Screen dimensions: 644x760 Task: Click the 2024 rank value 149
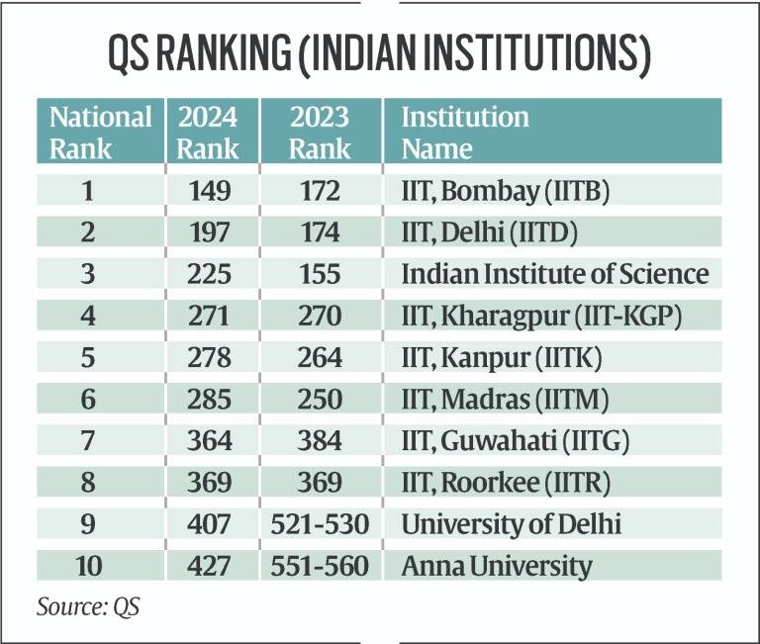tap(209, 188)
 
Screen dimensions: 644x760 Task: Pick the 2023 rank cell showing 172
tap(320, 188)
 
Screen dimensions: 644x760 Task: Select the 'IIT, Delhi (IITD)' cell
tap(490, 230)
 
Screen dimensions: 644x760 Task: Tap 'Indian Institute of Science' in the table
tap(554, 273)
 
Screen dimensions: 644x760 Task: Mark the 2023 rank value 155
tap(320, 273)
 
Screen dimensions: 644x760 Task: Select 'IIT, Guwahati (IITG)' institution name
tap(507, 441)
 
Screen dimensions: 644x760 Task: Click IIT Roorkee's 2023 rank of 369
tap(320, 483)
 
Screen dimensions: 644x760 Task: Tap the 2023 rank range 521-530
tap(320, 524)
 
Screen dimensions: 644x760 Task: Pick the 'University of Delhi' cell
tap(511, 524)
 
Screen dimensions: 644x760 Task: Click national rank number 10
tap(100, 567)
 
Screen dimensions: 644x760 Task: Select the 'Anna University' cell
tap(496, 567)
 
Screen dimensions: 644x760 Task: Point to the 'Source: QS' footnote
tap(88, 605)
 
